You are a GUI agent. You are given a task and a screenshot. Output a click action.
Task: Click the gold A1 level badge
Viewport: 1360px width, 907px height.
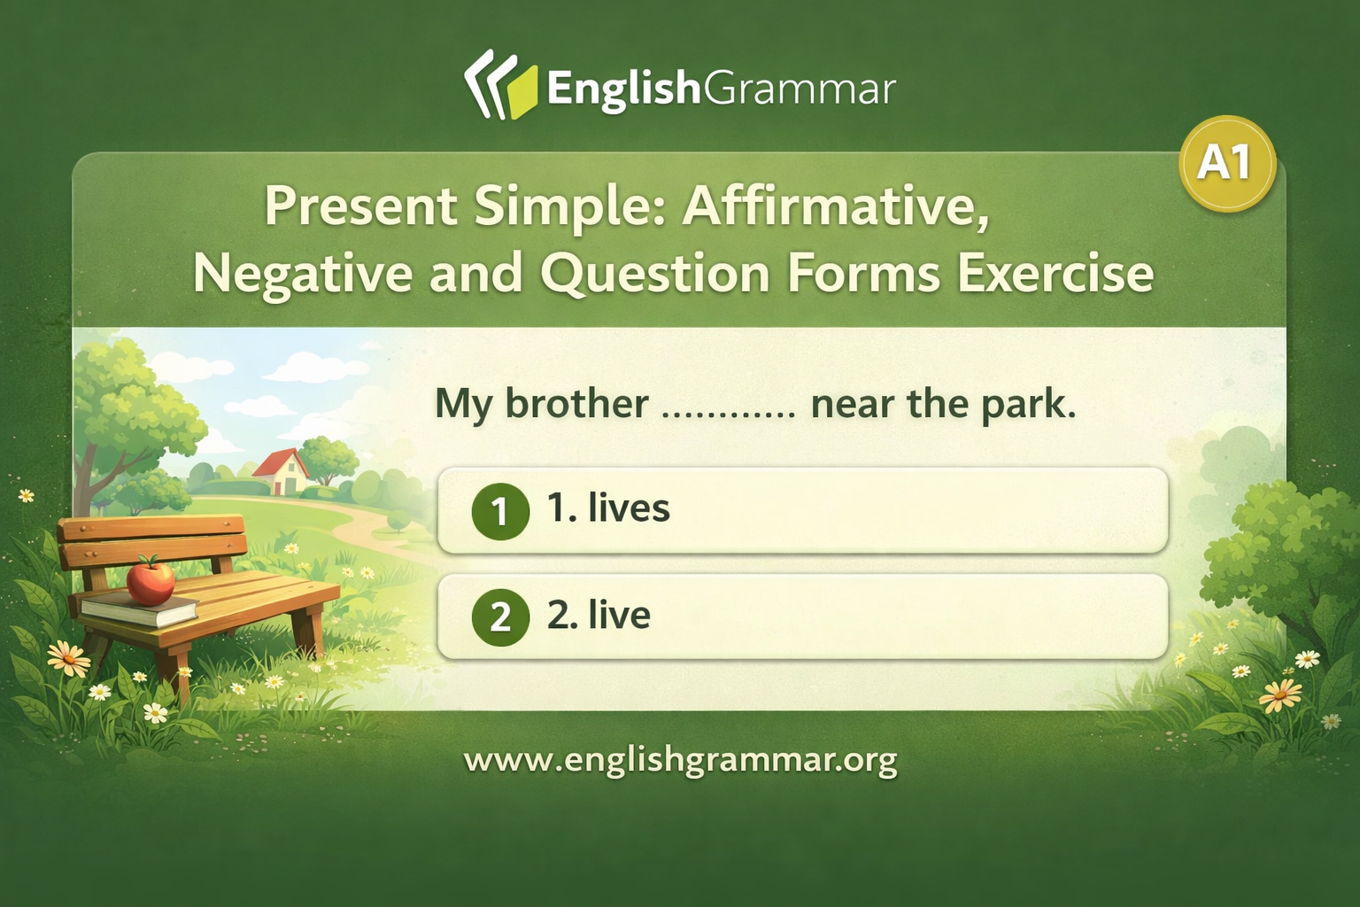tap(1227, 163)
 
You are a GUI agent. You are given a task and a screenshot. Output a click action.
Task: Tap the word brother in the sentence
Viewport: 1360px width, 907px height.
tap(576, 403)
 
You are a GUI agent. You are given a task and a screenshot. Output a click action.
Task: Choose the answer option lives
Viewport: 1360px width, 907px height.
tap(803, 509)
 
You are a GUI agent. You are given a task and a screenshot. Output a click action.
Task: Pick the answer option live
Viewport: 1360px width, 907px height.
tap(803, 616)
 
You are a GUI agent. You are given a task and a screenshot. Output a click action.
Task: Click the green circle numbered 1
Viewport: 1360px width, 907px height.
tap(500, 511)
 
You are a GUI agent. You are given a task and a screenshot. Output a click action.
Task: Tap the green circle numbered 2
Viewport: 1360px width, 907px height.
tap(500, 617)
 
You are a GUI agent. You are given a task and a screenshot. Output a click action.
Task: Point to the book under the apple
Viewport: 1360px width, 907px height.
tap(139, 610)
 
